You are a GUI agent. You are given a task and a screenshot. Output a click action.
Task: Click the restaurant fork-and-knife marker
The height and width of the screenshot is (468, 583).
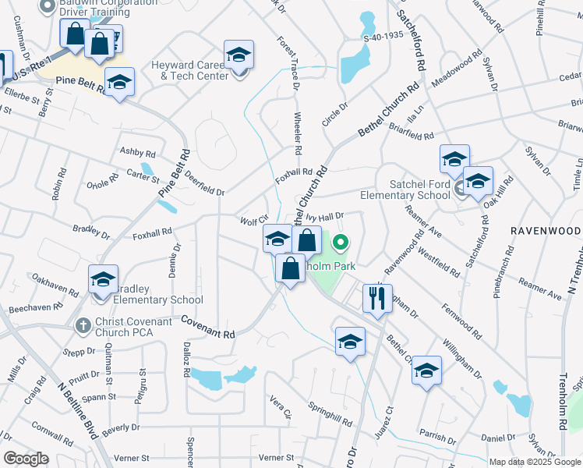377,298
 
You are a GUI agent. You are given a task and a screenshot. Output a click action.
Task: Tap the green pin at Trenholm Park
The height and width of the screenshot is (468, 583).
341,243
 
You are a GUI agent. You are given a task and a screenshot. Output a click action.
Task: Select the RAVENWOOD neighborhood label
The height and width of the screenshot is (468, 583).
546,231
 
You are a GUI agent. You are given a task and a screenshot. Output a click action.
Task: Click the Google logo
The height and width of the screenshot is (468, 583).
26,458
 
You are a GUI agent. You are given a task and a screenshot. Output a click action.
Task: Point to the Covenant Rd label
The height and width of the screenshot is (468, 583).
208,327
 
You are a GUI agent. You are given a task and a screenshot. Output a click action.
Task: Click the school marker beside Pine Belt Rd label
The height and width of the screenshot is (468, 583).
120,83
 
